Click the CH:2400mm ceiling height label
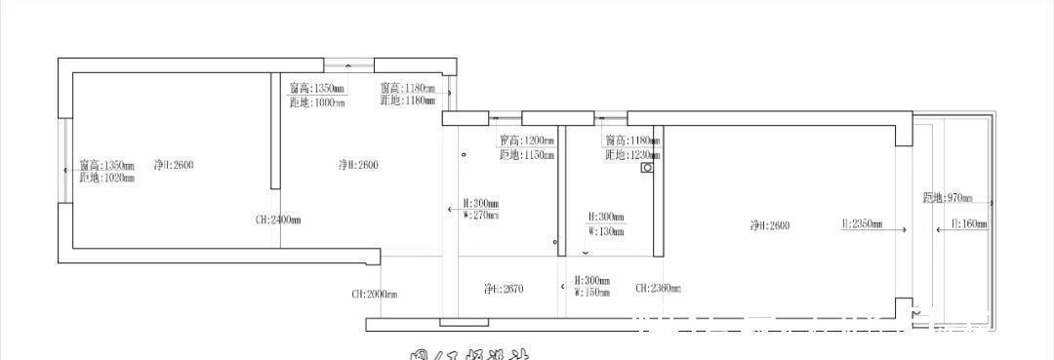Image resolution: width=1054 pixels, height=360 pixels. [278, 220]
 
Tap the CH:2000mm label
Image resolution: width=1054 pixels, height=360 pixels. [374, 294]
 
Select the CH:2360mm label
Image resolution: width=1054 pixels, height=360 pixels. [658, 288]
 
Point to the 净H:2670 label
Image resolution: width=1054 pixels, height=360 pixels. [504, 289]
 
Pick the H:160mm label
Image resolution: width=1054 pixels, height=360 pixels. [969, 224]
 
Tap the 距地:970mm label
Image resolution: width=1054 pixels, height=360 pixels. [948, 198]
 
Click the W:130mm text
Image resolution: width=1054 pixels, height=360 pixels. [606, 231]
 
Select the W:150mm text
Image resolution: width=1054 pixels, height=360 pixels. [593, 292]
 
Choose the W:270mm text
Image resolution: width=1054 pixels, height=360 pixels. [480, 216]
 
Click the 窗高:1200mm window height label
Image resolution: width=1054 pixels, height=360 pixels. [527, 140]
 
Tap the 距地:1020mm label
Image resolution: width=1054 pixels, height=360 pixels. [107, 178]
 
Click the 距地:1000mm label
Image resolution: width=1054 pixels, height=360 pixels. [317, 102]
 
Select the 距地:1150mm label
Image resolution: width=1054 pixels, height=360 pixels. [527, 154]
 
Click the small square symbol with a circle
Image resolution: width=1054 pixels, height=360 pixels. [646, 168]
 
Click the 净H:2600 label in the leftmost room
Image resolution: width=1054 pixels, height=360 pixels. [174, 165]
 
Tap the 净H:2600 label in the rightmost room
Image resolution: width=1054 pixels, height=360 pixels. [770, 225]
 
